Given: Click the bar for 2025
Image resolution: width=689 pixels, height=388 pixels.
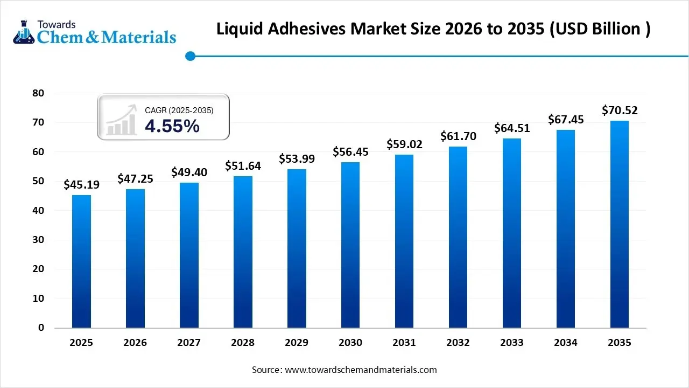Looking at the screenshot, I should coord(81,261).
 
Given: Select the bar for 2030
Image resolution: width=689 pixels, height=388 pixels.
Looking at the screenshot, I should coord(350,245).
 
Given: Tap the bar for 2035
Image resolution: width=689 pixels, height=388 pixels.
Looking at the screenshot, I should coord(620,224).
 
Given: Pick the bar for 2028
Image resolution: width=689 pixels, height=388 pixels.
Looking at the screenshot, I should coord(243,252).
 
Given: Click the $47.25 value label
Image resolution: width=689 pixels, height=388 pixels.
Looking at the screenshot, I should coord(135,179).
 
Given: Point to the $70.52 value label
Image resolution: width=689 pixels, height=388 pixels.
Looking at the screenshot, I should coord(620,110).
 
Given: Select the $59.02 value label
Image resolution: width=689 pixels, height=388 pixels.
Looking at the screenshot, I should coord(404,144).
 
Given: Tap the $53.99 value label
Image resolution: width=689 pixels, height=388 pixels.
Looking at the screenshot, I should coord(297,159).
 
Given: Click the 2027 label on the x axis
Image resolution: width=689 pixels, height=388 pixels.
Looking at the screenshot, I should coord(189,343).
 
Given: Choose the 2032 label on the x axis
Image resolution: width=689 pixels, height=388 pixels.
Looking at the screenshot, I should coord(458,343).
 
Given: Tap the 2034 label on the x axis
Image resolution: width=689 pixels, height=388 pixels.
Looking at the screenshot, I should coord(566,343).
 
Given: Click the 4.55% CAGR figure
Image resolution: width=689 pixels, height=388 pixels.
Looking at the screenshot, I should coord(172,126).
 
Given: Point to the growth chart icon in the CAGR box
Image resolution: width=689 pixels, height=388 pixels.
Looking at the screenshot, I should coord(121,120).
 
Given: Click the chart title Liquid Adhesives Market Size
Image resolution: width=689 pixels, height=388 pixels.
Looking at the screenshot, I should coord(433,29).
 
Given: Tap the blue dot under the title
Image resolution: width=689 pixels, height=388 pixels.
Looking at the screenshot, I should coord(189,56).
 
